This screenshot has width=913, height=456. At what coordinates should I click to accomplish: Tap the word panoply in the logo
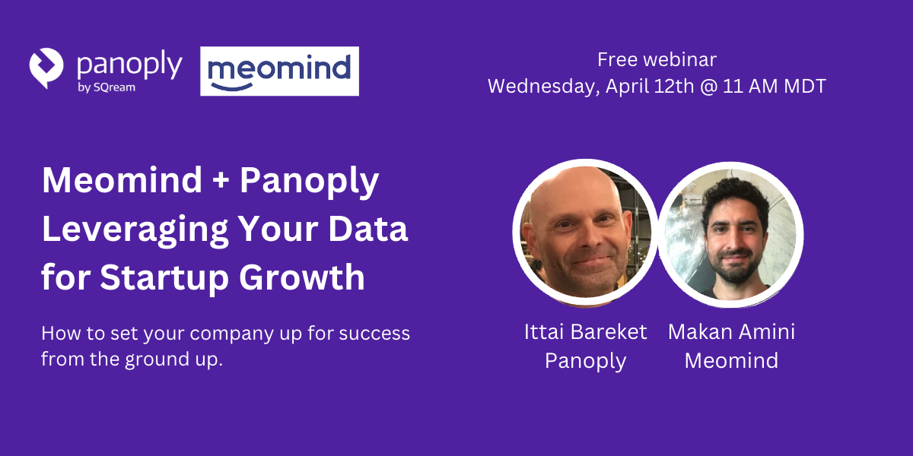129,66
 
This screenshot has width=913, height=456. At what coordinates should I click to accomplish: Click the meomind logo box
279,71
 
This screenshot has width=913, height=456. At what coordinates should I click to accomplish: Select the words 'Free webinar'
657,59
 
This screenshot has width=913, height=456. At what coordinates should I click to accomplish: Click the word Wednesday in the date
543,86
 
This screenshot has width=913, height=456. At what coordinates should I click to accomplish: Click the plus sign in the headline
221,181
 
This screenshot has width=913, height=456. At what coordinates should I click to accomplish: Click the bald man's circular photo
584,233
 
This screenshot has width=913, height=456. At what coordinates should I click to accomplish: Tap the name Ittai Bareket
585,332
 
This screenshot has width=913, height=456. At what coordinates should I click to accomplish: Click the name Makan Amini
731,332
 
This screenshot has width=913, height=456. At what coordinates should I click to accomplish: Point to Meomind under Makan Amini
731,360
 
